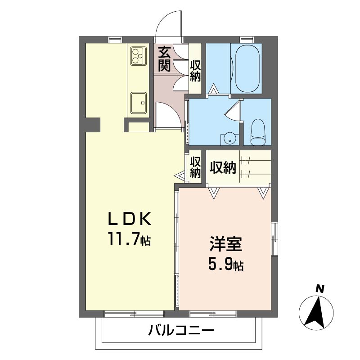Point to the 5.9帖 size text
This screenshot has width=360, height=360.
[225, 265]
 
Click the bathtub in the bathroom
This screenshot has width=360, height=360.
[246, 68]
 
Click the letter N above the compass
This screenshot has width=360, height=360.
[319, 288]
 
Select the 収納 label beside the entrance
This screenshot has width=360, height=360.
[195, 71]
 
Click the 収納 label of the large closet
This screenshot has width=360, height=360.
[223, 167]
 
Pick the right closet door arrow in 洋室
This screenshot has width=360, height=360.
[263, 193]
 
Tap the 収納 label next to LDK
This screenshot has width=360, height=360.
[195, 167]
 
